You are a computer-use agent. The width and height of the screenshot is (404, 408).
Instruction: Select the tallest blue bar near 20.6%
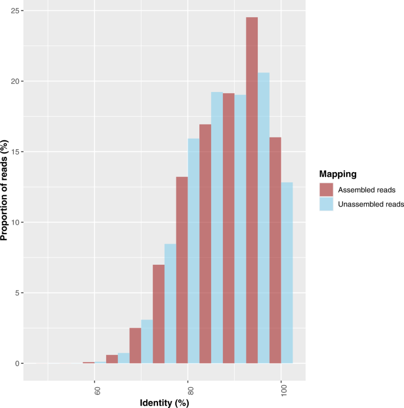264,218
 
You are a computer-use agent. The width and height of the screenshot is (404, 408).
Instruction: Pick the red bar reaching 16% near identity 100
275,250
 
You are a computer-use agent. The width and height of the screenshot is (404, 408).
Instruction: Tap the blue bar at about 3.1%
147,341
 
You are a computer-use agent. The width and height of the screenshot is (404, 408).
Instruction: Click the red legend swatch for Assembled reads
326,190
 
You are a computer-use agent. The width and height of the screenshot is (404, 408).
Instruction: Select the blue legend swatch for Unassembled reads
326,204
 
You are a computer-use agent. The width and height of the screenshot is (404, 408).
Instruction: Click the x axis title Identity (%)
165,403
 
